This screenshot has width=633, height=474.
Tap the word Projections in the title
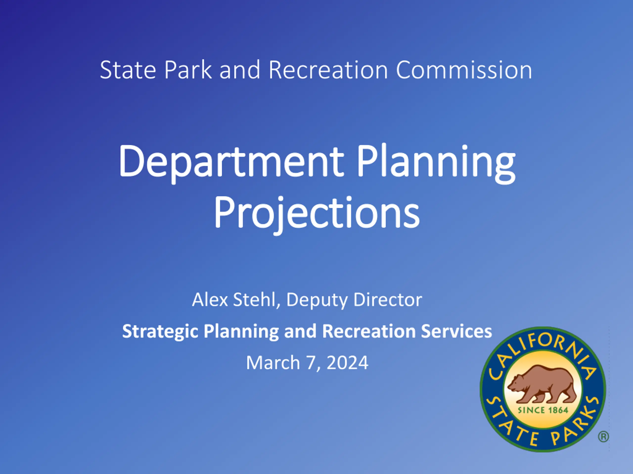(317, 214)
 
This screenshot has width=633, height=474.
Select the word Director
(388, 300)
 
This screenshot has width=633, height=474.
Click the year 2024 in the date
(347, 363)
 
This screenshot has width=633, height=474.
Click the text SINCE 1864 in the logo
(543, 410)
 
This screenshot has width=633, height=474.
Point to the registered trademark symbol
(603, 437)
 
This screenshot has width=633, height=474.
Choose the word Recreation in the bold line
(369, 331)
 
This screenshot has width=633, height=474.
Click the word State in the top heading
(128, 70)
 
